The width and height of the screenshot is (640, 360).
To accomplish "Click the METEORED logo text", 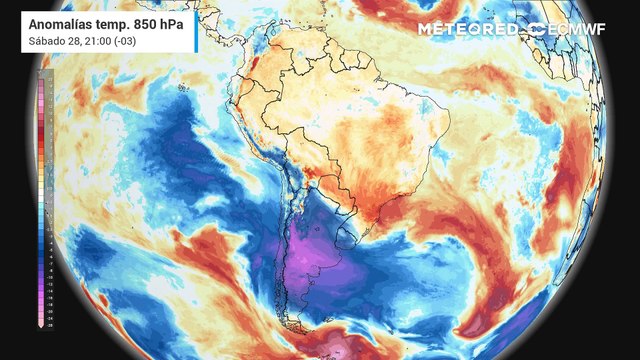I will (471, 29).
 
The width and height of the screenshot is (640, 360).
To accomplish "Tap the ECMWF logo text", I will (577, 29).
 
